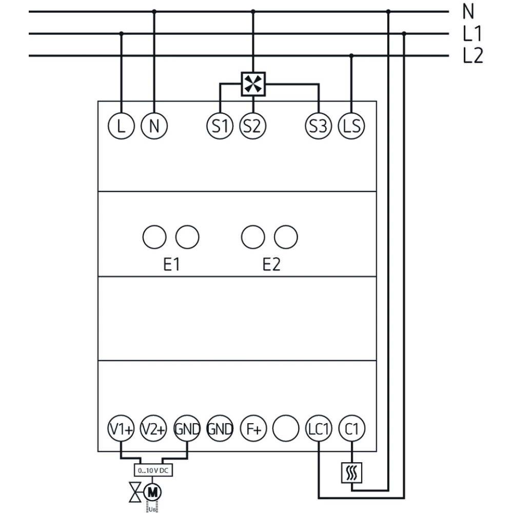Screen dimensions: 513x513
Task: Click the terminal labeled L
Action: click(x=121, y=126)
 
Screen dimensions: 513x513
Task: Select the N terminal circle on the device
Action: click(x=154, y=126)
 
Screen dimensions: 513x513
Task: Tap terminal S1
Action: click(x=220, y=126)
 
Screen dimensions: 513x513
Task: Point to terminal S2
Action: click(x=252, y=126)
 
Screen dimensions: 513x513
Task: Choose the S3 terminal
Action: click(x=318, y=126)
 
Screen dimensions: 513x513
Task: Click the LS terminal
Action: click(x=351, y=126)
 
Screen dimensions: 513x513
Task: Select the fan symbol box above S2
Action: click(x=253, y=84)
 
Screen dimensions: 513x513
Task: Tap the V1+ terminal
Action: click(x=121, y=429)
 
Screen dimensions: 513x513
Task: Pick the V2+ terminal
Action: click(x=154, y=429)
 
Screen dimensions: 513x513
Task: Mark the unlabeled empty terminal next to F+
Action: click(x=286, y=429)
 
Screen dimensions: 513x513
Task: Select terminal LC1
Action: click(x=319, y=429)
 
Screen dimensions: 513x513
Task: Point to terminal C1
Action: click(x=351, y=429)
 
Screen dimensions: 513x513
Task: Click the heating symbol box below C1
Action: click(x=352, y=472)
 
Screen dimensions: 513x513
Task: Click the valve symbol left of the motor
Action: click(x=135, y=493)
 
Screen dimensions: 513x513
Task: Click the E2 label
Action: click(x=271, y=265)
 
